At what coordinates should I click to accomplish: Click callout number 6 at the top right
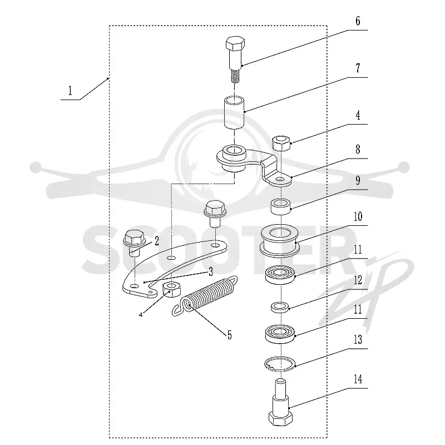tap(358, 21)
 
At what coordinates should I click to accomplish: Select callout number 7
tap(358, 68)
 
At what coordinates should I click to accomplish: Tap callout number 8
tap(358, 149)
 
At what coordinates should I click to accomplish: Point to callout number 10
tap(358, 216)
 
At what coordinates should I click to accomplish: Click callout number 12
tap(358, 280)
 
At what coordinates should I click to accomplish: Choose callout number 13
tap(358, 339)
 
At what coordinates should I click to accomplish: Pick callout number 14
tap(358, 379)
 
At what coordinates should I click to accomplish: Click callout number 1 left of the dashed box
tap(70, 91)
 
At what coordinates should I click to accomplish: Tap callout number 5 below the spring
tap(230, 335)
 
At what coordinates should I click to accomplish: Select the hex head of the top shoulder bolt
tap(235, 44)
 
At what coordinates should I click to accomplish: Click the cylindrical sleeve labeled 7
tap(234, 113)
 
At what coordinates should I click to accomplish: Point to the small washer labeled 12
tap(280, 307)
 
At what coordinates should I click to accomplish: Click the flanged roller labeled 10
tap(280, 241)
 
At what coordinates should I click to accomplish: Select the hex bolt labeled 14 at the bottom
tap(280, 402)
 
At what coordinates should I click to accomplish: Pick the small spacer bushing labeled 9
tap(280, 206)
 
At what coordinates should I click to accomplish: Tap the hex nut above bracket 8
tap(281, 143)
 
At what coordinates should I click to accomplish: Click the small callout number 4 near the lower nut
tap(141, 315)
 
